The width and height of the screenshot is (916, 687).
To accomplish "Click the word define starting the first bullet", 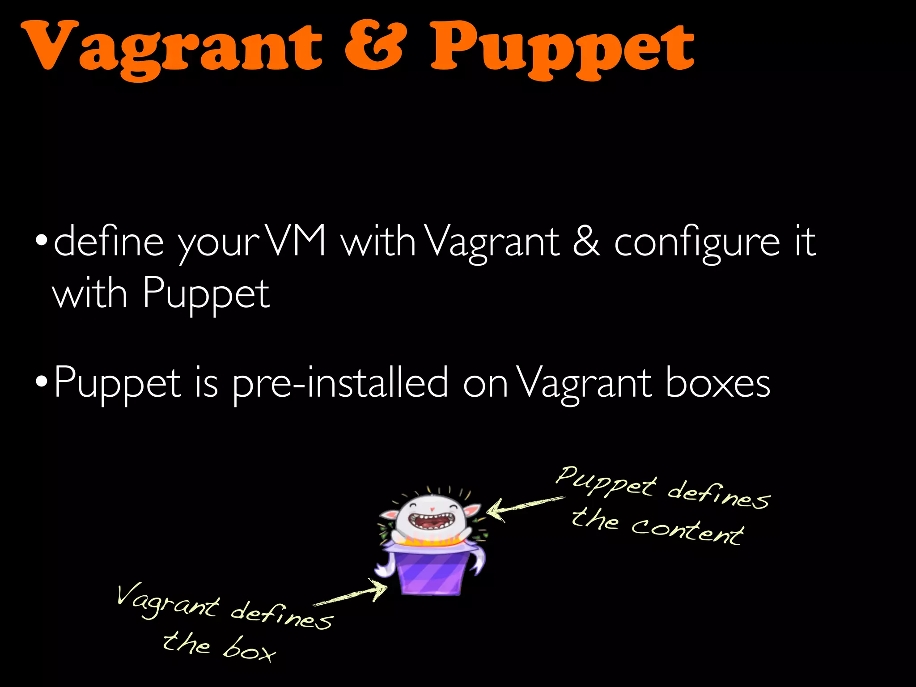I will (x=109, y=242).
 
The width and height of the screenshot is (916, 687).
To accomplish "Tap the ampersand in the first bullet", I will (x=586, y=242).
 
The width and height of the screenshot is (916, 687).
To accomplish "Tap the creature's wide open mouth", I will (x=431, y=522).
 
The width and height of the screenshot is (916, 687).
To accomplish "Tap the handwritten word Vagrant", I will (x=167, y=602).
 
